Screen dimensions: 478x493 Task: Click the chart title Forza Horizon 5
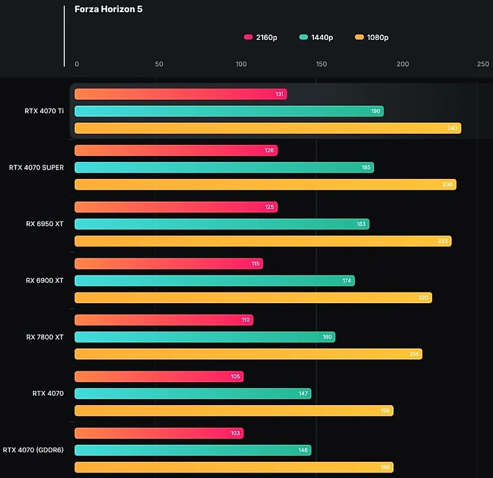click(108, 9)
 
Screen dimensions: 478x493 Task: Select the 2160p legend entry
click(261, 37)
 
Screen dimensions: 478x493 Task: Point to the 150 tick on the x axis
click(321, 64)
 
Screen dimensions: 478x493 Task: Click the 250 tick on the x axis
click(482, 64)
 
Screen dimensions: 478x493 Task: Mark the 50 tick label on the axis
click(159, 64)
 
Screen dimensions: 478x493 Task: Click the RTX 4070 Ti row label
click(44, 111)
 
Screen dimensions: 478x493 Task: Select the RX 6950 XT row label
click(45, 223)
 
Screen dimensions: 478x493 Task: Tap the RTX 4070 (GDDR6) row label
click(33, 450)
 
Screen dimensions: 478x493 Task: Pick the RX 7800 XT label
click(45, 337)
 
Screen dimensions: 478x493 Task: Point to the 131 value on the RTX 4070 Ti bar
click(280, 95)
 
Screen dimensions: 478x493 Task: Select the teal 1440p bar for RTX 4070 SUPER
click(224, 167)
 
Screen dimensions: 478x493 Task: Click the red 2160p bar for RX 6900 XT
click(168, 263)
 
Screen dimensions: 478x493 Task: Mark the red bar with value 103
click(159, 433)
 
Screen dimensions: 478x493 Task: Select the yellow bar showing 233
click(263, 241)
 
